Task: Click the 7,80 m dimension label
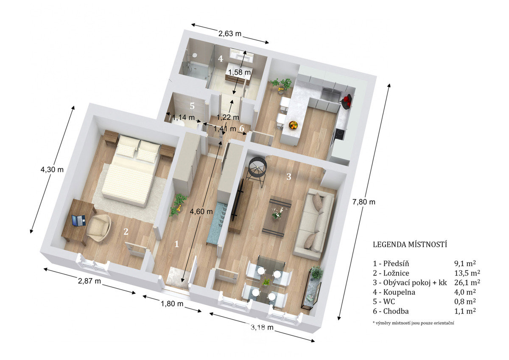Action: tap(364, 202)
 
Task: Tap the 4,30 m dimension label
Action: tap(52, 169)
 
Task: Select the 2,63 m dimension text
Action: tap(230, 34)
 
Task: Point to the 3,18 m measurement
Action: tap(262, 327)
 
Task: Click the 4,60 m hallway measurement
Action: tap(201, 211)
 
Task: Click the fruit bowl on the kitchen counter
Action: tap(293, 125)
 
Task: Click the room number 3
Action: tap(288, 177)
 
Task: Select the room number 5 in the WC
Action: tap(192, 106)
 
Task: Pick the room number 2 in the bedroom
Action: tap(126, 231)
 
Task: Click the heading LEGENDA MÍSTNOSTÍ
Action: tap(410, 245)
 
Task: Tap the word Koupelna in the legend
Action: tap(399, 292)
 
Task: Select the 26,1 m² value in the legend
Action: tap(467, 282)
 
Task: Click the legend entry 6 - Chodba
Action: tap(391, 311)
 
